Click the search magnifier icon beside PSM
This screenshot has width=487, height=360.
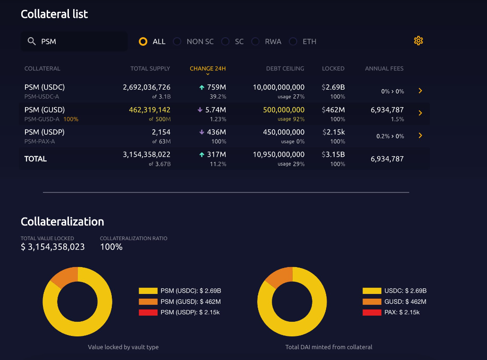[32, 42]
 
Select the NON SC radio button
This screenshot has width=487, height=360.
[177, 42]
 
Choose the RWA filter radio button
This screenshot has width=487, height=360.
[255, 42]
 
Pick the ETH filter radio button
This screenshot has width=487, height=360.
[293, 42]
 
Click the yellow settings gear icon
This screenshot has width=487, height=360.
[418, 41]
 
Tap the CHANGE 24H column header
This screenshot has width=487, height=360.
[208, 68]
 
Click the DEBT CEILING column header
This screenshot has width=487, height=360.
[285, 68]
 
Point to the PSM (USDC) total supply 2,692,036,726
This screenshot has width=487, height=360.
[146, 87]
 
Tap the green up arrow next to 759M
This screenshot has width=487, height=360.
[202, 87]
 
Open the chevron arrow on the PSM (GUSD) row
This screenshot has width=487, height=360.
[420, 113]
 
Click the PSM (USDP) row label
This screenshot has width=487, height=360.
[44, 132]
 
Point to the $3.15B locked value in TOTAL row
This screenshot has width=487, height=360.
[334, 155]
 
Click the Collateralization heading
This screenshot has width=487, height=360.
[62, 222]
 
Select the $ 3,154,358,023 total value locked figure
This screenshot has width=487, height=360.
[53, 247]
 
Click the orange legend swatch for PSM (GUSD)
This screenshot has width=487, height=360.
[148, 301]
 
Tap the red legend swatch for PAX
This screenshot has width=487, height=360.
[372, 312]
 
